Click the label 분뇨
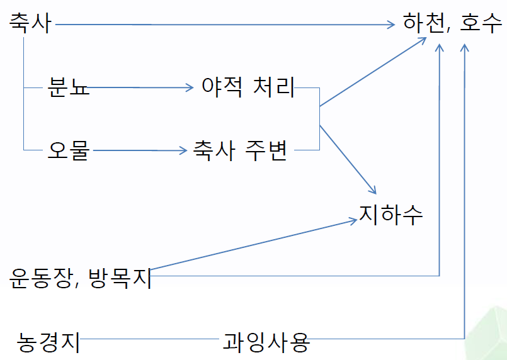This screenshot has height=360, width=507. (x=69, y=87)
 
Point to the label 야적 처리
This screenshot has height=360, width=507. (x=248, y=87)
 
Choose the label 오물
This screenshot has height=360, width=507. (x=69, y=151)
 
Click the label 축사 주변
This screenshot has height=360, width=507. (x=240, y=151)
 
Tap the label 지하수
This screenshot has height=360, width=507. (x=390, y=214)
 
